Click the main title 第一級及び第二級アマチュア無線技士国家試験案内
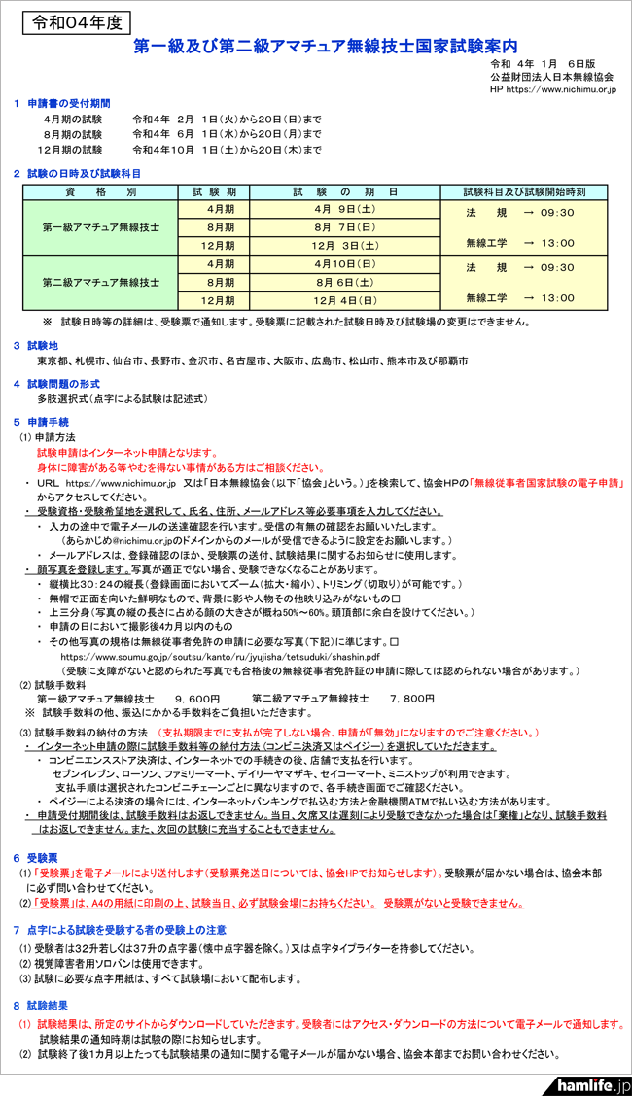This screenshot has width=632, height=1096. [x=326, y=46]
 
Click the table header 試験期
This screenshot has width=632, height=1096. [x=222, y=191]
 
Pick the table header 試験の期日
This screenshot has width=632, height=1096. [x=344, y=191]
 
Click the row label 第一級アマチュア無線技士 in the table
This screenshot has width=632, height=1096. [x=101, y=226]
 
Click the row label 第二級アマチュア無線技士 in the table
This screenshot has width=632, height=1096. [x=101, y=282]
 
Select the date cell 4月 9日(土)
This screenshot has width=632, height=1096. [x=344, y=209]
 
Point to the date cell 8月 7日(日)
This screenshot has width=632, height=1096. [x=344, y=227]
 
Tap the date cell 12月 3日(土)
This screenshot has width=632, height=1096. [x=344, y=246]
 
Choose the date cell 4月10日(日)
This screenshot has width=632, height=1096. [x=344, y=264]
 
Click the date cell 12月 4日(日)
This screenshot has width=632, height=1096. [x=344, y=301]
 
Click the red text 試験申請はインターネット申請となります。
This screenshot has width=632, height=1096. [x=126, y=453]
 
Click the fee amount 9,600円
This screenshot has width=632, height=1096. [x=198, y=699]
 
